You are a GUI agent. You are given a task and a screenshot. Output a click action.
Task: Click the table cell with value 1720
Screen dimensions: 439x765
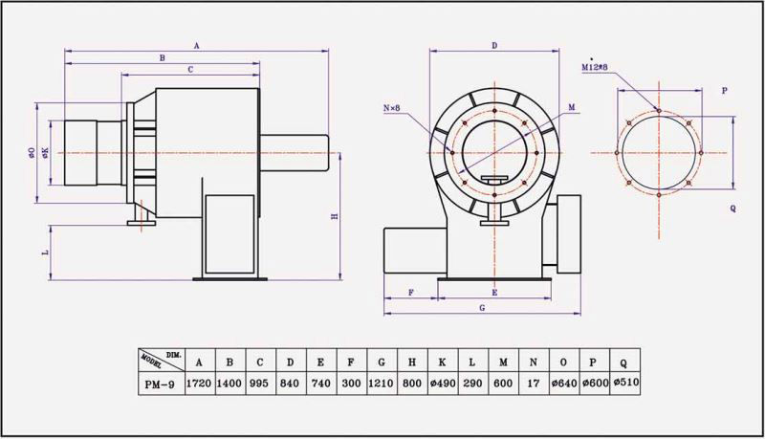199,382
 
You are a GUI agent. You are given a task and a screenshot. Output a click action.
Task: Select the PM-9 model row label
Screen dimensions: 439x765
159,382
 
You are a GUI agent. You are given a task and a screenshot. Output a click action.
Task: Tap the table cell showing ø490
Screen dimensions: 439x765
443,382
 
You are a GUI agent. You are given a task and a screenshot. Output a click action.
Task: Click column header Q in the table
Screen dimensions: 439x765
623,362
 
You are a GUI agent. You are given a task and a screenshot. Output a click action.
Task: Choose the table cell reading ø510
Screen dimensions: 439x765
623,382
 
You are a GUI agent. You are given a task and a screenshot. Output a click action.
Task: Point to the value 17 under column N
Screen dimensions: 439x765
534,382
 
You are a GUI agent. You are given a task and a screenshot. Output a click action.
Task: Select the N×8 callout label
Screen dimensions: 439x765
392,109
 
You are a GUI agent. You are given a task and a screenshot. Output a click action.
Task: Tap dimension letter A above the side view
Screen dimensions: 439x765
196,45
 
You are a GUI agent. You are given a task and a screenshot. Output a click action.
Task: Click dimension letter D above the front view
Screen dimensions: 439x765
494,45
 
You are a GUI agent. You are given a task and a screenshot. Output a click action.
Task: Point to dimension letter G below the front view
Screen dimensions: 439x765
481,308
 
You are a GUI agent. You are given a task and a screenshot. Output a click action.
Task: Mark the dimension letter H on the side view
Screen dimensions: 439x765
334,217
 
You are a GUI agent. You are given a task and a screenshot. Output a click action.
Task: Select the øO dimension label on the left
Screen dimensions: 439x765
33,153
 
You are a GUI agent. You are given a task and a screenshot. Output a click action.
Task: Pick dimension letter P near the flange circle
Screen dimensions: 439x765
724,92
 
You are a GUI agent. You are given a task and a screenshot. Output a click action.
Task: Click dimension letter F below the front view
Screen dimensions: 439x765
410,290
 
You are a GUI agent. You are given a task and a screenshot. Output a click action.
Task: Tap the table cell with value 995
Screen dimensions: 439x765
260,382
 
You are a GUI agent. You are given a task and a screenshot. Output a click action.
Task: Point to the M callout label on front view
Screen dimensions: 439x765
571,108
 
